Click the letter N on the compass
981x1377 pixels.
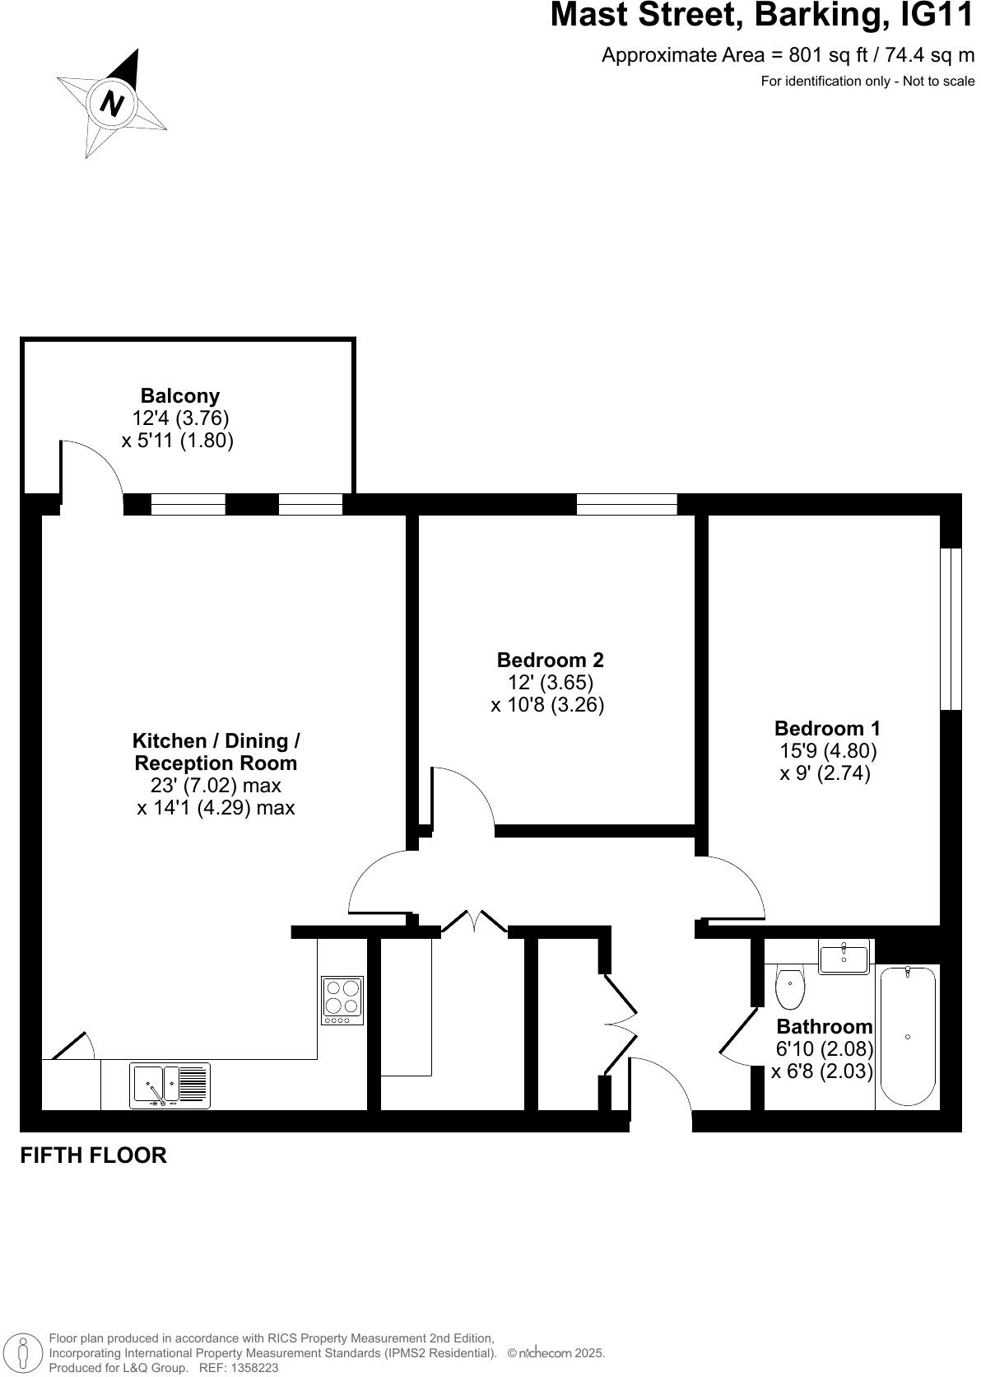pyautogui.click(x=111, y=103)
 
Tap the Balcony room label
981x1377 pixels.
pyautogui.click(x=179, y=395)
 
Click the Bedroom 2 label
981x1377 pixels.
pyautogui.click(x=550, y=660)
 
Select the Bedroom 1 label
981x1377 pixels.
pyautogui.click(x=826, y=728)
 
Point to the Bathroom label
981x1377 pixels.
pyautogui.click(x=824, y=1026)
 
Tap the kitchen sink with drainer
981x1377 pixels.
pyautogui.click(x=170, y=1085)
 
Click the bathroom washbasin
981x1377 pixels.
pyautogui.click(x=844, y=958)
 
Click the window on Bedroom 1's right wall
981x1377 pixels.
pyautogui.click(x=950, y=628)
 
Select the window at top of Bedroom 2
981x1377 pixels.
pyautogui.click(x=626, y=504)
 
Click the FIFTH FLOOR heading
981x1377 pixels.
pyautogui.click(x=93, y=1155)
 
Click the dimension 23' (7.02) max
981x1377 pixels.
pyautogui.click(x=216, y=785)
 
